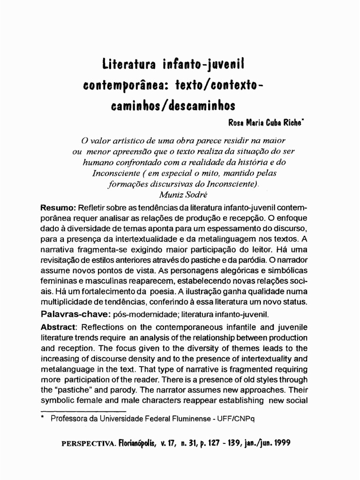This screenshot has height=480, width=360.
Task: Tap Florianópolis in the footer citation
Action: click(x=140, y=442)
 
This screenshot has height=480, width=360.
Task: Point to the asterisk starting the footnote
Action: click(x=43, y=418)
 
